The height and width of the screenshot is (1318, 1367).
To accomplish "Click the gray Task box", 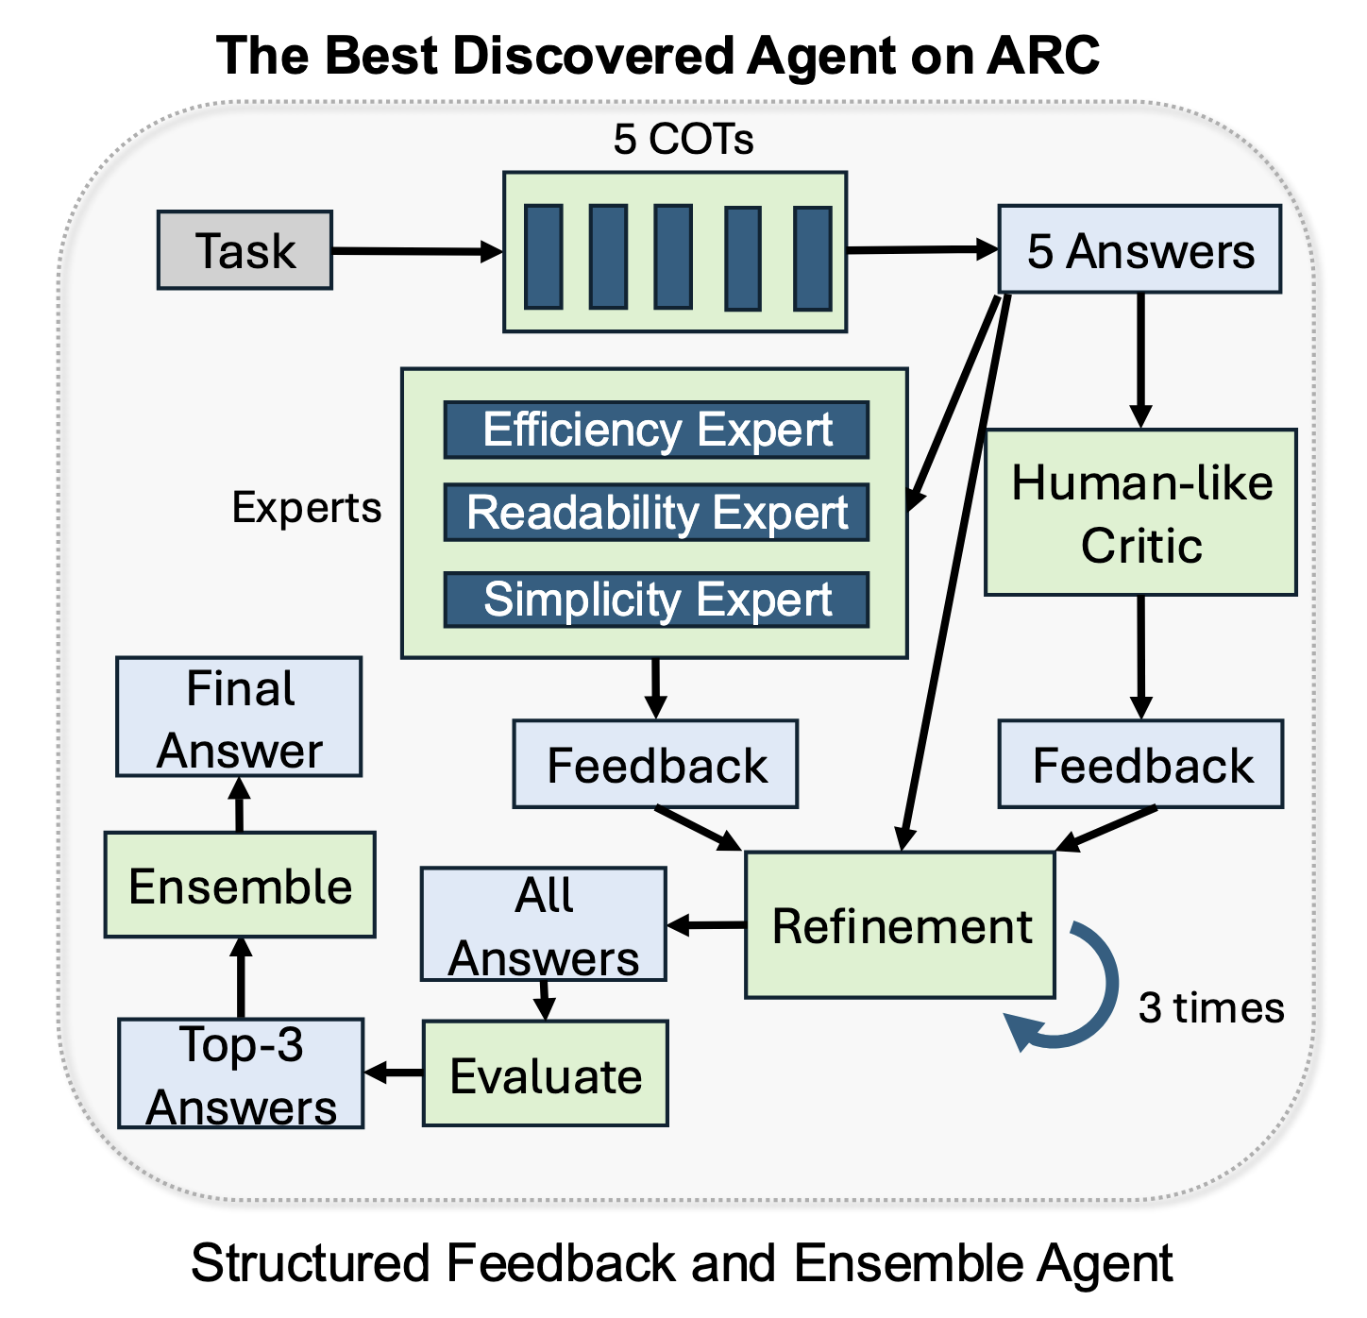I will tap(245, 250).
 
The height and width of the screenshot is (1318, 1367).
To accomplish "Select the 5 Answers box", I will tap(1139, 249).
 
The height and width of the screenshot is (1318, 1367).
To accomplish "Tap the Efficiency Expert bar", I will tap(656, 431).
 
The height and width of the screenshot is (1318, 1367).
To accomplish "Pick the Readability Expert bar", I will tap(656, 514).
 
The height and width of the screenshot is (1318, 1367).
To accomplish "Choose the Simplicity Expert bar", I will tap(656, 600).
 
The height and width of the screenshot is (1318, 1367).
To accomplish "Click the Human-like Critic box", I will tap(1140, 513).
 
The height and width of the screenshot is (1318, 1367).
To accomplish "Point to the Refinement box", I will tap(900, 925).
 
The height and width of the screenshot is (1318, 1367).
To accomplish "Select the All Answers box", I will tap(544, 925).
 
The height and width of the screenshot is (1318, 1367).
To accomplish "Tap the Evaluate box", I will tap(545, 1073).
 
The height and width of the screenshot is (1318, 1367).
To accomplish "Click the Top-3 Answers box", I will tap(241, 1073).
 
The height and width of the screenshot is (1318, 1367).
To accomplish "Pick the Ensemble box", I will tap(240, 885).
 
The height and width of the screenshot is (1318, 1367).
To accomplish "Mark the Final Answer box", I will tap(239, 718).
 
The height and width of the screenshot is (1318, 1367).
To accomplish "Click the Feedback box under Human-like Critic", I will tap(1140, 765).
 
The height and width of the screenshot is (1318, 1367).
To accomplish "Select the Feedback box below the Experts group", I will tap(655, 765).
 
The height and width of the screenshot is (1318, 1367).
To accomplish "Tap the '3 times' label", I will tap(1210, 1007).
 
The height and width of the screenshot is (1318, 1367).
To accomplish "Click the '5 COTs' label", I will tap(683, 140).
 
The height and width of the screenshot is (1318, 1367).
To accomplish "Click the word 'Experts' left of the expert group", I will tap(307, 508).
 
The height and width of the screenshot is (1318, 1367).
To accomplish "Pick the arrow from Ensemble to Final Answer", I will tap(240, 804).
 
